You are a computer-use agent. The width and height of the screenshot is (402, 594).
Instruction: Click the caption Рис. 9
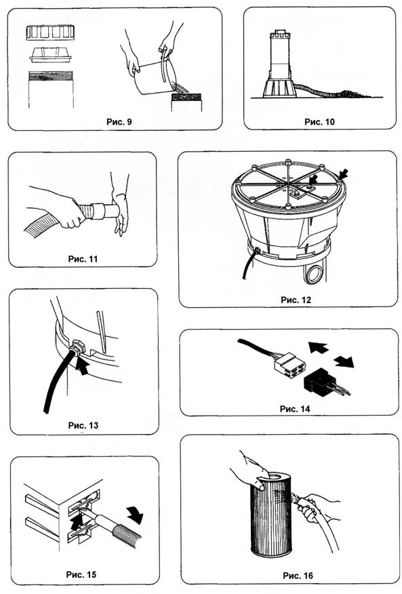119,121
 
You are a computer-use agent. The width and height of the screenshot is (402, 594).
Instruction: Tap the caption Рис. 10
319,121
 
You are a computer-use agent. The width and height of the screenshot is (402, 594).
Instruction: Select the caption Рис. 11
83,259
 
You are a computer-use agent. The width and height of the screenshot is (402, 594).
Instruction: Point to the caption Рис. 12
296,300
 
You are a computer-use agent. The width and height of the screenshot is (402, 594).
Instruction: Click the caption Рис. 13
83,425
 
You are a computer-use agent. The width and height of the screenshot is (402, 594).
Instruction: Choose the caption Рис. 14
295,409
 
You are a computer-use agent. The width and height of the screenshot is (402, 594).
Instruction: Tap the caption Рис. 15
81,574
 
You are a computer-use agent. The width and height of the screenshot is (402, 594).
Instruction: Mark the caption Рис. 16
298,576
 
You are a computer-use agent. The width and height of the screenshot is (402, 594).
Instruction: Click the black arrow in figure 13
81,366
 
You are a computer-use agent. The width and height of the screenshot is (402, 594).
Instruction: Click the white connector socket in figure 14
289,365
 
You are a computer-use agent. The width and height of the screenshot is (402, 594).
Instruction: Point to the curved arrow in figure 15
136,515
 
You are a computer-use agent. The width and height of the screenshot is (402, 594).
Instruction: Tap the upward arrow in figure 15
77,521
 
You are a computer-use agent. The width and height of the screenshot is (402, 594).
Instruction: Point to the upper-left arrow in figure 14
318,347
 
